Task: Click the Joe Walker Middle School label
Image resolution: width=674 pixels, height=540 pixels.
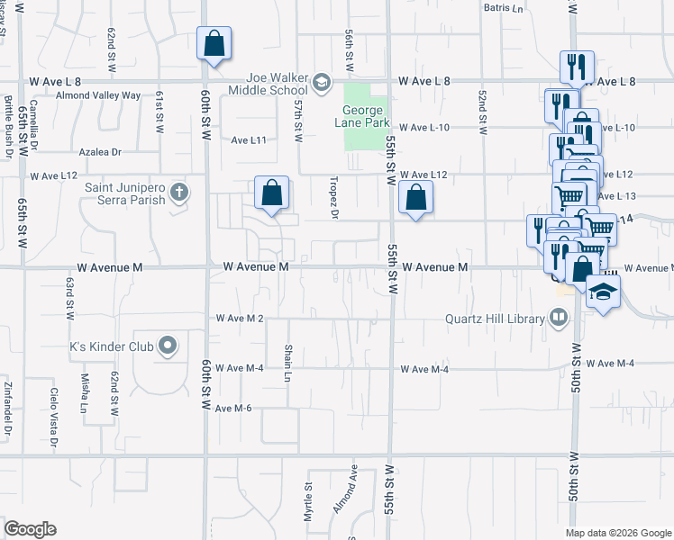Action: pos(267,84)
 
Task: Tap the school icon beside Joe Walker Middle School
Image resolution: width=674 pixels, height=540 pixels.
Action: pos(320,84)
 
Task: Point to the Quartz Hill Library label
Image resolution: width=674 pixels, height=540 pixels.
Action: pos(496,318)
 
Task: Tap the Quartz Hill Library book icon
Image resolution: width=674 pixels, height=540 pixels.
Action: pos(559,318)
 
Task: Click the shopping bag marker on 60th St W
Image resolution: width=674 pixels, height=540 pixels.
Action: pos(214,43)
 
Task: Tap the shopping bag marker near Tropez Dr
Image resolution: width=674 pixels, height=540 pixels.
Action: pos(271,193)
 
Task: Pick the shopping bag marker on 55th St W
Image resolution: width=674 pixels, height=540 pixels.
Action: pos(415,198)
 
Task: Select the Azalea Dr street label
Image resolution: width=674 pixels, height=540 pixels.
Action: pos(99,152)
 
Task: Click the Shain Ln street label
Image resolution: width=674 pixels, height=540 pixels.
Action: pos(288,358)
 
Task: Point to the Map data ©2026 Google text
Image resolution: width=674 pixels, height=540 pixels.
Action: pos(617,533)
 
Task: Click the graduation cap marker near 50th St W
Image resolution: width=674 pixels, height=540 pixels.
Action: pos(603,292)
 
